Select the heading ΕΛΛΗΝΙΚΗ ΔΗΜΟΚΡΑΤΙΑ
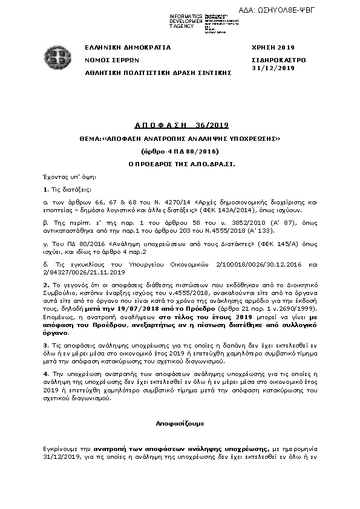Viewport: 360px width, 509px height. click(128, 47)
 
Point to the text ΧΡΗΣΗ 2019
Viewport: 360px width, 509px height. click(272, 47)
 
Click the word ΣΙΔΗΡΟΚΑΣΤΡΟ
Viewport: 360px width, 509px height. click(278, 60)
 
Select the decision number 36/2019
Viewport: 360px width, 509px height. click(212, 125)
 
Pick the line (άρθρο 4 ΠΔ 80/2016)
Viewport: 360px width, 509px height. click(179, 151)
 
